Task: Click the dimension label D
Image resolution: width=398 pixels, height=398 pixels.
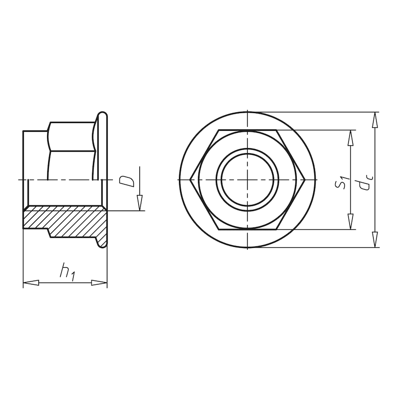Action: tap(129, 180)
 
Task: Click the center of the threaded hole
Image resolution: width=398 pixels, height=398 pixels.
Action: tap(247, 179)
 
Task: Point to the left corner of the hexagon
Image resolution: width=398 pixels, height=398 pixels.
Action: tap(192, 179)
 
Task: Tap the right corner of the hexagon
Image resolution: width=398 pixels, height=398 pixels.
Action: tap(303, 179)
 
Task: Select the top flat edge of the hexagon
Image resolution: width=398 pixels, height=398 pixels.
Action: tap(247, 131)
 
